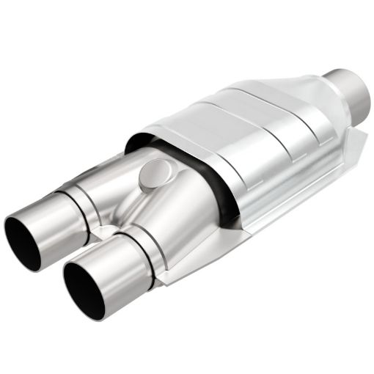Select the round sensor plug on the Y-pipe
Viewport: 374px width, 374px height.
coord(150,173)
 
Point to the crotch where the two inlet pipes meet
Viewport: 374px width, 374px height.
coord(110,220)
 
